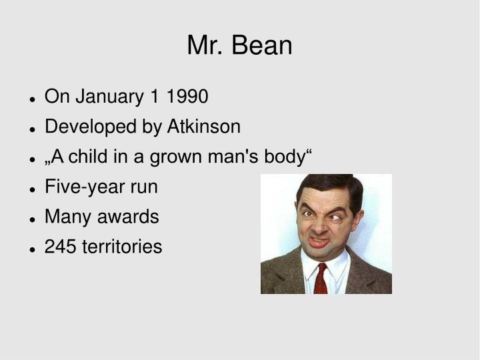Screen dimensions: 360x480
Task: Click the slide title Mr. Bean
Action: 239,45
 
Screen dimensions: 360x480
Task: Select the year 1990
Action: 188,97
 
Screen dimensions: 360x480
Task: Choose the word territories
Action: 122,247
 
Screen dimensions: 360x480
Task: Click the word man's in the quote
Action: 232,157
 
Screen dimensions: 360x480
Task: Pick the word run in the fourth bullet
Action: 143,187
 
